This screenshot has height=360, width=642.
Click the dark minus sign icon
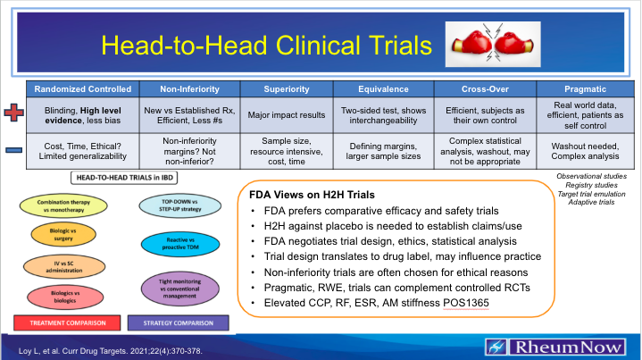[12, 149]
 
